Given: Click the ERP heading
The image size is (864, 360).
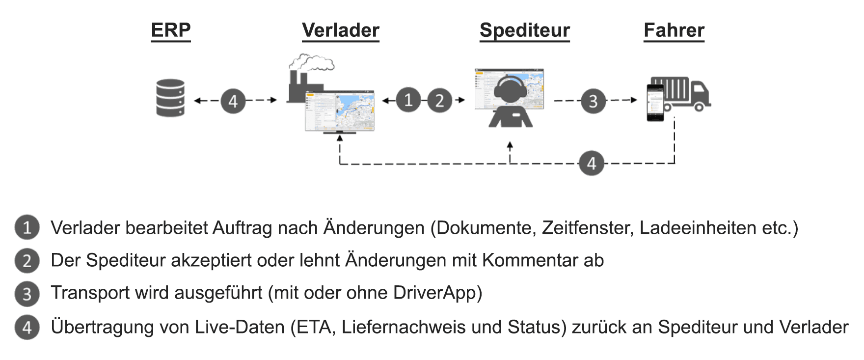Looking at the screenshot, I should coord(170,30).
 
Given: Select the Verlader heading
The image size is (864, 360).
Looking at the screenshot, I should coord(340,30).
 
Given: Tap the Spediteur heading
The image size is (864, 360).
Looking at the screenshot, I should coord(524,30).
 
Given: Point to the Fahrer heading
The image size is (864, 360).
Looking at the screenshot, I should coord(674,30).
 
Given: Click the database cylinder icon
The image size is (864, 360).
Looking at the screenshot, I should coord(170,98).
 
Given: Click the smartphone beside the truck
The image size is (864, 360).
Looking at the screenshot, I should coord(655,102).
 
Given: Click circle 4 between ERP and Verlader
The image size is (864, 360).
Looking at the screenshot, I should coord(233,101).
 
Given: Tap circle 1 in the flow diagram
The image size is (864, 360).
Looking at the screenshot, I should coord(408,100).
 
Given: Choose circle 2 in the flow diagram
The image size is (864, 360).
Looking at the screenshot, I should coord(439,100).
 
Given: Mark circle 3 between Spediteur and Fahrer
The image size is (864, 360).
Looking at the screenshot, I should coord(593,101).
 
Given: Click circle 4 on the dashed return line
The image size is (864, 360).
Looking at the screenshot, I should coord(591,164).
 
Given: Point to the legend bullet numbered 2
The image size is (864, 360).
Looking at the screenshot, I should coord(27,261).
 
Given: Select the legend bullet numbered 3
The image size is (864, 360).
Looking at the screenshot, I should coord(27,293).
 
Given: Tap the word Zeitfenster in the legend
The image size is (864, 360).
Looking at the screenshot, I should coord(588,228).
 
